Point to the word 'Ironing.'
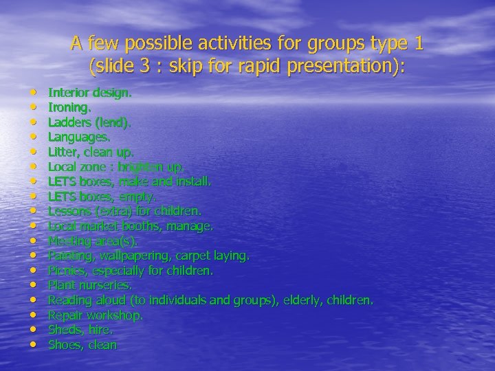69,106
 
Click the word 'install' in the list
192,181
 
